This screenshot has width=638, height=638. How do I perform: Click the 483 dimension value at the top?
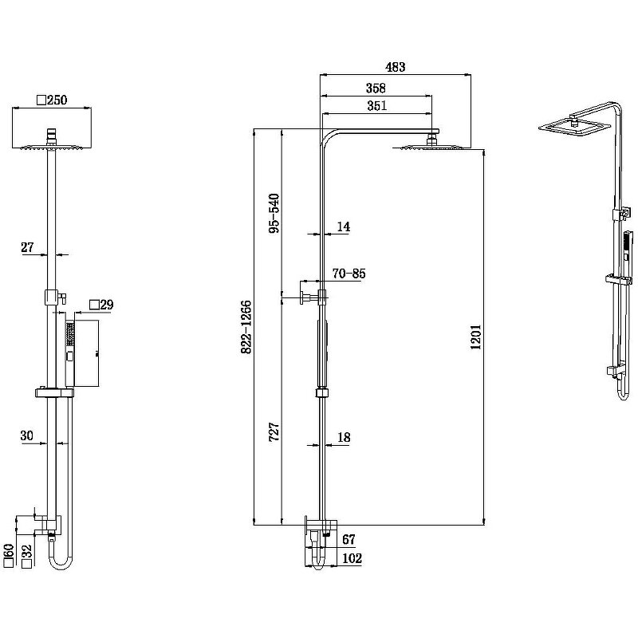[x=396, y=67]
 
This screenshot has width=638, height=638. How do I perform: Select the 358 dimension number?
[x=376, y=88]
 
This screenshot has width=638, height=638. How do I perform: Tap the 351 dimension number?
[x=376, y=106]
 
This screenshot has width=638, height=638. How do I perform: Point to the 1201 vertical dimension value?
[x=475, y=337]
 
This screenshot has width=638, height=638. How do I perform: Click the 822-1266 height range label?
[x=246, y=327]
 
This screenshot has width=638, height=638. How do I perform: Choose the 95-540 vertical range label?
[x=274, y=213]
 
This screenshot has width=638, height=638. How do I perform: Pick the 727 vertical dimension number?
[x=274, y=432]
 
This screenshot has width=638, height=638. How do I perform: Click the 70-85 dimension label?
[x=349, y=274]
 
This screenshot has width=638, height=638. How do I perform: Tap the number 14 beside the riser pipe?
[x=344, y=226]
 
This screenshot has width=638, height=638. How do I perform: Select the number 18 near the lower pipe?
[x=344, y=437]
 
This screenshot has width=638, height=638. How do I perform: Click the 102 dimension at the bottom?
[x=352, y=558]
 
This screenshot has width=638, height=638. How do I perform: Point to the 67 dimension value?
[x=349, y=540]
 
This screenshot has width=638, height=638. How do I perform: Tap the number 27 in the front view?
[x=27, y=247]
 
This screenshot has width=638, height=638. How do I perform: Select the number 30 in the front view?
[x=26, y=435]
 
